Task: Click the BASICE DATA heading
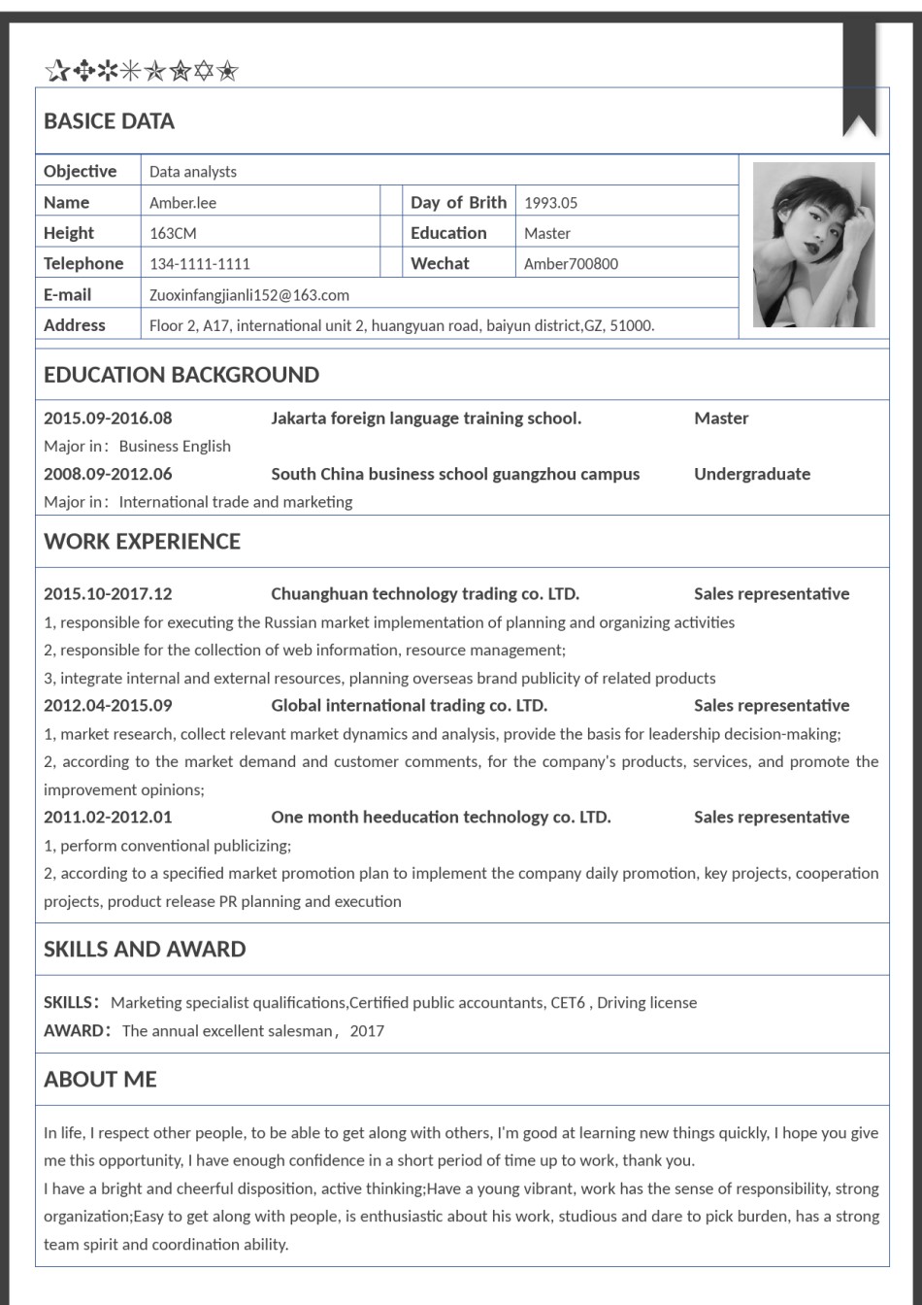109,121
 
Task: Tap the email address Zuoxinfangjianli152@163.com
249,295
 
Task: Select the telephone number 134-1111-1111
200,264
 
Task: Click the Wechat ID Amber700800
571,264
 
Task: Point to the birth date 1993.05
550,203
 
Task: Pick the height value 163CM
173,234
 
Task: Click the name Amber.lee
182,203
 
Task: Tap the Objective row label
80,172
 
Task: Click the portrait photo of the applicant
813,245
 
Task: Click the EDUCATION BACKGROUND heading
181,375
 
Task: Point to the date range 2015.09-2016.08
108,418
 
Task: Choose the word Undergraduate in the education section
752,475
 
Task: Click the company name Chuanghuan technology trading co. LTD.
425,594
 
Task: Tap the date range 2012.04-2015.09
108,706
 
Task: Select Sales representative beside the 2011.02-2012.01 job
772,818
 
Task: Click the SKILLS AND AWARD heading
145,950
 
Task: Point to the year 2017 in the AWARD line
367,1031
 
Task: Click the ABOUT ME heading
100,1080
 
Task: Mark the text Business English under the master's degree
175,447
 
